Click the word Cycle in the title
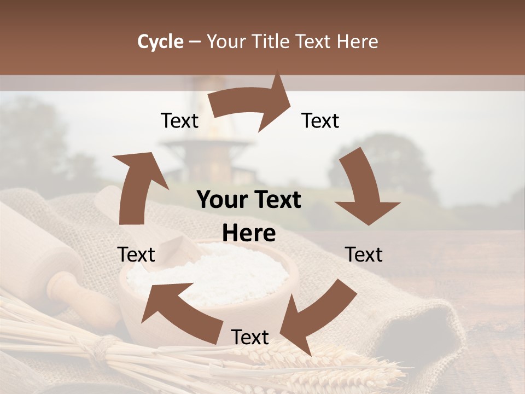160,42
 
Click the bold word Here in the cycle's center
249,234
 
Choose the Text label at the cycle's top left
179,121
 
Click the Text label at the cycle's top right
320,121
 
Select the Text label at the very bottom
250,338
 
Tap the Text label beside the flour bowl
137,254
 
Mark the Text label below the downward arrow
364,254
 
